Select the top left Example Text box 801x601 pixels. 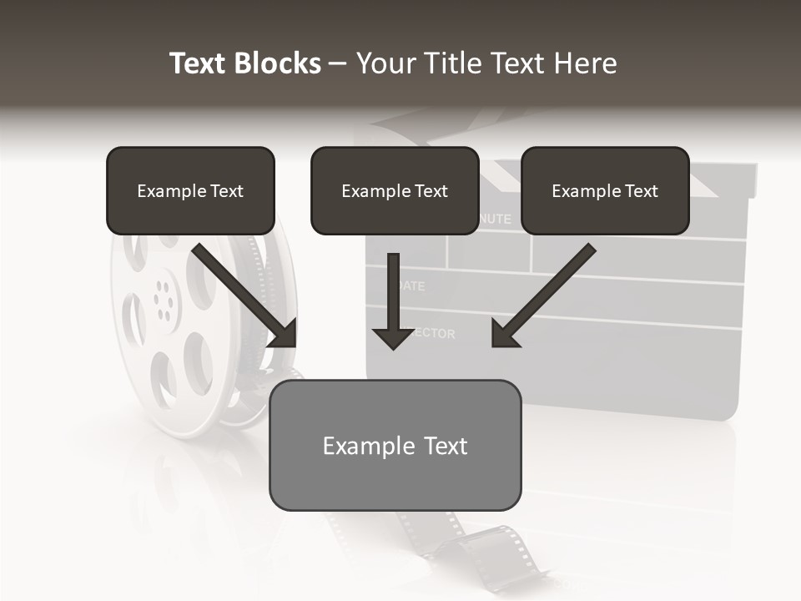click(x=190, y=190)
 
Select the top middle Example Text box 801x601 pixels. click(x=395, y=190)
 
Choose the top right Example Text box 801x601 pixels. click(x=605, y=190)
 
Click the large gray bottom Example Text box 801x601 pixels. click(x=395, y=445)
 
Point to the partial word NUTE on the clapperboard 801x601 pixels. click(x=495, y=220)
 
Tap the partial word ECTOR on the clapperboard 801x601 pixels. click(x=436, y=334)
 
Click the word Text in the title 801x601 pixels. click(x=199, y=63)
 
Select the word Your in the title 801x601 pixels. click(x=385, y=63)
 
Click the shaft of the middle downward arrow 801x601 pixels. click(x=393, y=288)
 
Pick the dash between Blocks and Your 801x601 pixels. click(x=338, y=63)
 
